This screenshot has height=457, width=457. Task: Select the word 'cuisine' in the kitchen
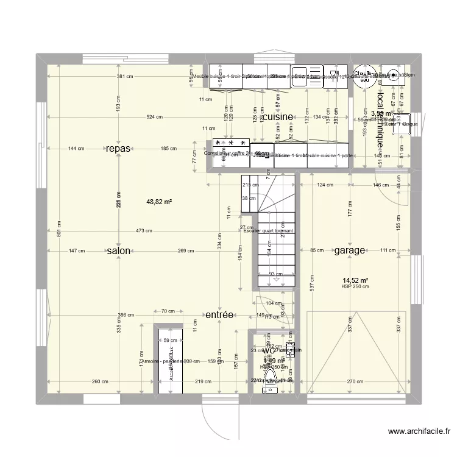point(278,116)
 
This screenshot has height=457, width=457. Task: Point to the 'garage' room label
point(349,250)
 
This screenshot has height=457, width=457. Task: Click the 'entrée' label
point(219,315)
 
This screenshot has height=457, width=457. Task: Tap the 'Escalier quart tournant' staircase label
point(268,231)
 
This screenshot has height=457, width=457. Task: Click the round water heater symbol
point(364,74)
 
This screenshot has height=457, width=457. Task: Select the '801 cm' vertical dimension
point(58,230)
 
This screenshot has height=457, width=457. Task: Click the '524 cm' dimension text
point(154,116)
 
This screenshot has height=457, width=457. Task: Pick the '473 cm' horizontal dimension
point(144,231)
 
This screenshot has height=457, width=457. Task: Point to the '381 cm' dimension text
point(125,76)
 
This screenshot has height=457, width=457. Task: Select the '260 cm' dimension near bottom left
point(101,381)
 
